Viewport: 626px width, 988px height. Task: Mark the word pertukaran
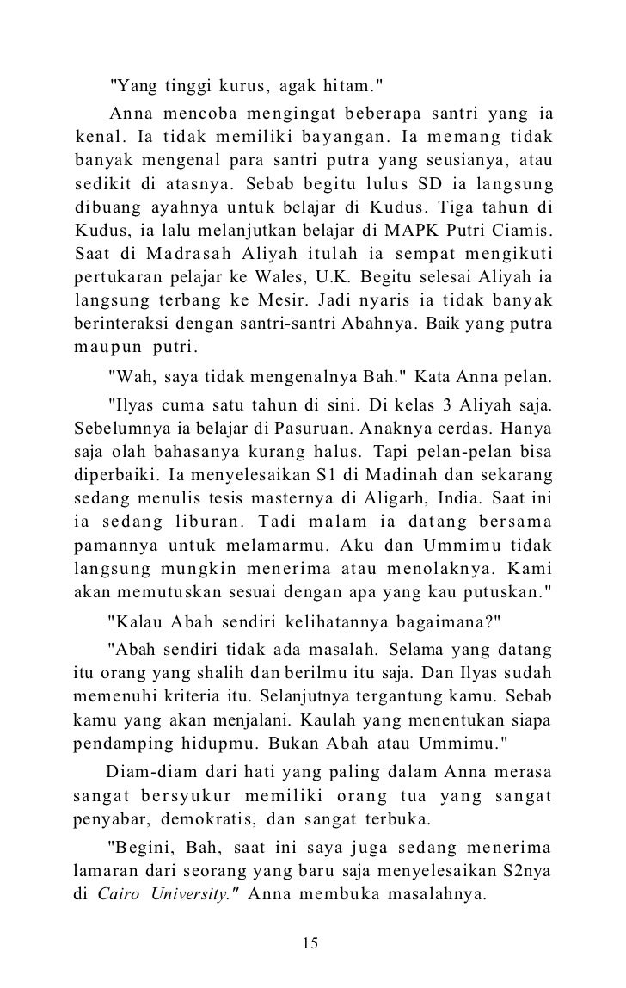tap(118, 280)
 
